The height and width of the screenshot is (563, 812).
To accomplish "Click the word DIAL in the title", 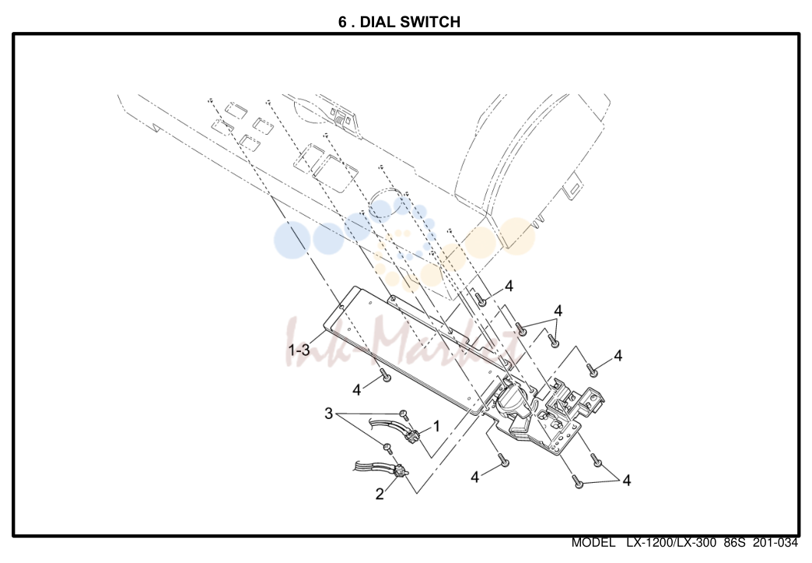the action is point(380,22).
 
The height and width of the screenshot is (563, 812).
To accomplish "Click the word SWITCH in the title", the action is point(433,22).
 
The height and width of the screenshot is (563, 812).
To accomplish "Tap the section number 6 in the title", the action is point(343,22).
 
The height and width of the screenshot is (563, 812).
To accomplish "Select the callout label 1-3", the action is point(299,350).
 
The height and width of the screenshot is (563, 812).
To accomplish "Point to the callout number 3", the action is point(328,413).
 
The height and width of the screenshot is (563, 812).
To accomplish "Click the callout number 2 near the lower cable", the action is point(380,494).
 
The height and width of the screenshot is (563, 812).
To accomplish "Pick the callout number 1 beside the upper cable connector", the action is point(436,426).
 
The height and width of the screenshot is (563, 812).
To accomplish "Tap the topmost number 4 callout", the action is point(509,286).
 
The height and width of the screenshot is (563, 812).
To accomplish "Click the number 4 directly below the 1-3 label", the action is point(357,389).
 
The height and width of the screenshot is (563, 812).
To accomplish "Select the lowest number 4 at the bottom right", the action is point(627,480).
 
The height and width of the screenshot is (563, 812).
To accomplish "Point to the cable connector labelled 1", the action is point(412,436).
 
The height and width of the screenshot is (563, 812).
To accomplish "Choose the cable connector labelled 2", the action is point(401,472).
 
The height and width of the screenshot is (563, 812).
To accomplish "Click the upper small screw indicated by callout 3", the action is point(404,413).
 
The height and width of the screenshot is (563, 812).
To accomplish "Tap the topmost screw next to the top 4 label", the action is point(481,298).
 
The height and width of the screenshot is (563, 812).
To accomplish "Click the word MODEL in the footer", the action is point(593,543).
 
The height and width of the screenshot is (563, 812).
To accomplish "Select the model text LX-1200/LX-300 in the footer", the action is point(671,543).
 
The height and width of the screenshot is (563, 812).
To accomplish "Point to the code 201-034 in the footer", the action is point(775,543).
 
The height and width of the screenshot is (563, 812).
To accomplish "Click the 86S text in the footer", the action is point(734,543).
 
